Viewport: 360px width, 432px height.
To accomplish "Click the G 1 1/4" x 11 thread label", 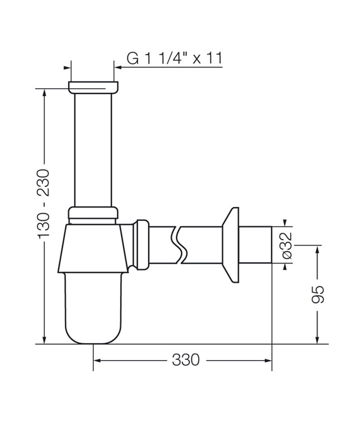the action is coord(174,58).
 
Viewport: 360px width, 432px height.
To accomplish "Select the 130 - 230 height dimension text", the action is coord(44,204).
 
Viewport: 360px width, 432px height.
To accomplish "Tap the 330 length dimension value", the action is coord(185,359).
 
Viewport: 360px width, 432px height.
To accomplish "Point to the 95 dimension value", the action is coord(318,295).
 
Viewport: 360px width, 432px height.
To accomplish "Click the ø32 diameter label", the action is coord(286,246).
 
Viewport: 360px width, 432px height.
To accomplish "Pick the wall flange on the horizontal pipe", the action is coord(231,245).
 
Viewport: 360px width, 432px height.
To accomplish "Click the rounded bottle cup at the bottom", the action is coord(93,308).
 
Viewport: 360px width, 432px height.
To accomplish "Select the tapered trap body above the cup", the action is coord(93,248).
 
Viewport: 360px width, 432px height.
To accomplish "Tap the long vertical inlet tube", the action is coord(93,150).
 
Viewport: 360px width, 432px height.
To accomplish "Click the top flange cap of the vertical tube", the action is coord(93,87).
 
